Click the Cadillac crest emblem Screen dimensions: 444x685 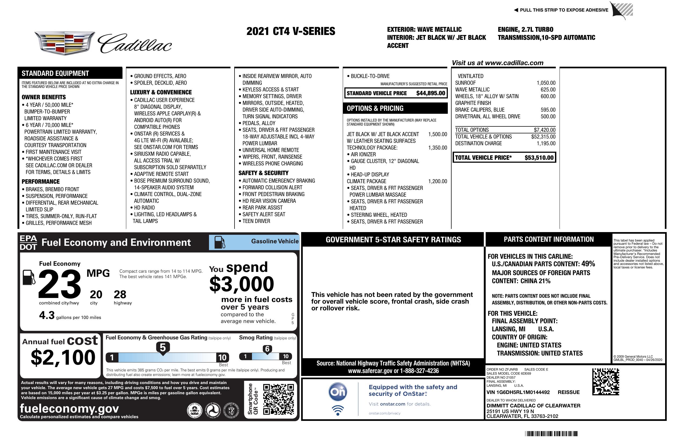click(64, 43)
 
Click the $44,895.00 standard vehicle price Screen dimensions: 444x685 click(431, 93)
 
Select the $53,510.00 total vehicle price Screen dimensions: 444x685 click(539, 158)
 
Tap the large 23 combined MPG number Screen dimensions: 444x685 click(60, 284)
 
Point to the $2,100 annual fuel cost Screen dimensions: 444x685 click(63, 357)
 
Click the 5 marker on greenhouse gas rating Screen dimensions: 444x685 click(163, 348)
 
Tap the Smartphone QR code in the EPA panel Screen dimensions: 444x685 click(278, 399)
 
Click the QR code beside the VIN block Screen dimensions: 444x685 click(605, 382)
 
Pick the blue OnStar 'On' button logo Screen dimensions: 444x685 click(338, 392)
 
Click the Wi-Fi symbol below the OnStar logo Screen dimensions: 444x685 click(338, 410)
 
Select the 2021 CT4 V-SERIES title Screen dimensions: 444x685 click(291, 31)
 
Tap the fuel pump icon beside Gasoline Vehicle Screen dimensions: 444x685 click(220, 242)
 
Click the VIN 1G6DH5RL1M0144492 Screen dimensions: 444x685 click(518, 392)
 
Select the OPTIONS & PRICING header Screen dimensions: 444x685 click(375, 108)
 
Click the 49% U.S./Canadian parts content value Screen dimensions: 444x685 click(588, 264)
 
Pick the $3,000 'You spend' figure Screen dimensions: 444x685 click(242, 284)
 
